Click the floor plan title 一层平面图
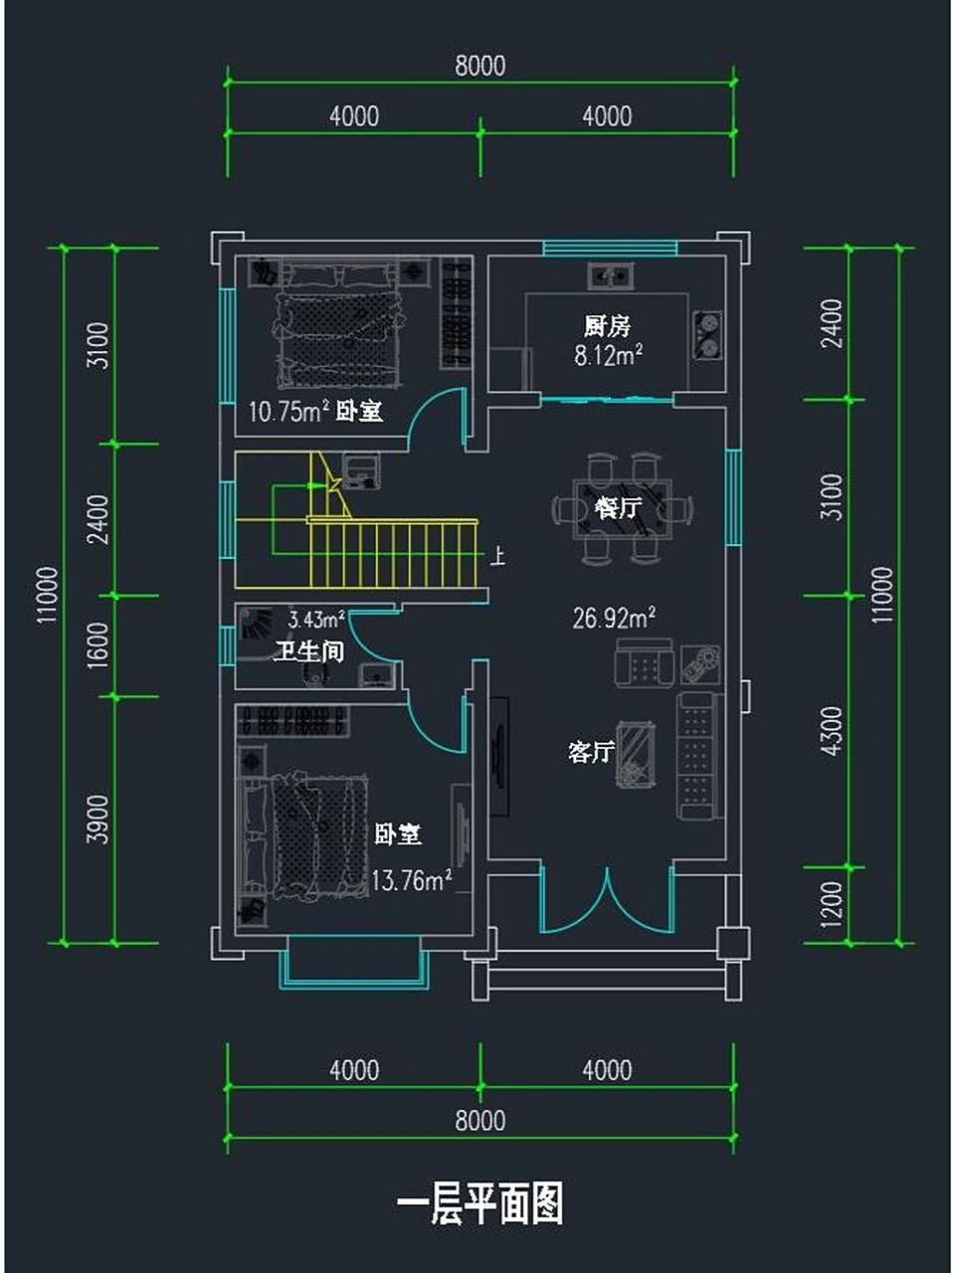tap(479, 1204)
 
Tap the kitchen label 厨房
tap(607, 326)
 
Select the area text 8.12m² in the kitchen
tap(607, 355)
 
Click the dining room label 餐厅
tap(617, 508)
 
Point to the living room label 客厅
tap(590, 752)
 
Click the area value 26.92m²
tap(614, 619)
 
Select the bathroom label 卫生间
tap(308, 652)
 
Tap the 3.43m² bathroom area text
tap(316, 621)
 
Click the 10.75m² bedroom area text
tap(288, 412)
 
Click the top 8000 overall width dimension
tap(479, 66)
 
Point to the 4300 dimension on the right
tap(833, 731)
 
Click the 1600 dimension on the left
tap(97, 644)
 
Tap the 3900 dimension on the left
tap(97, 818)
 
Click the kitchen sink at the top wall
tap(610, 274)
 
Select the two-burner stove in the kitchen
tap(707, 334)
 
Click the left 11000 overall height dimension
tap(47, 595)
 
